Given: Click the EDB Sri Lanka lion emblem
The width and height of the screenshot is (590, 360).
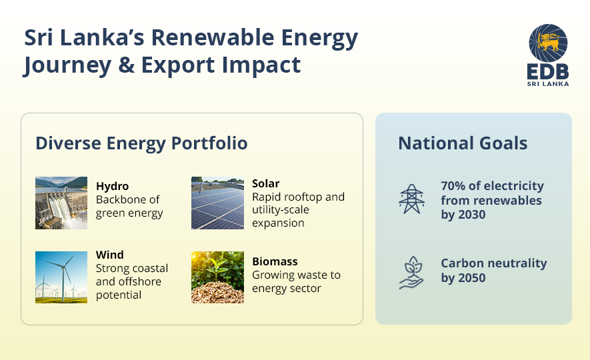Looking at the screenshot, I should pos(548,43).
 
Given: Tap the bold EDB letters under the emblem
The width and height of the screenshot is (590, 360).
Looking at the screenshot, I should pos(548,72).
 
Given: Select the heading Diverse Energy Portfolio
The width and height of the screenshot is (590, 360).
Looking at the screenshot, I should pos(141,143).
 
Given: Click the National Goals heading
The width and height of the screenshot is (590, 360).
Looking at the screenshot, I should pos(463,143).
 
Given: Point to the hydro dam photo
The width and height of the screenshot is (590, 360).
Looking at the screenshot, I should pos(61,203).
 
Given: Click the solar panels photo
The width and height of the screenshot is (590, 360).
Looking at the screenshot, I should pos(217,203).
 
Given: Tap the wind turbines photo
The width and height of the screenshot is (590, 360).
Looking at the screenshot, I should pos(61,277).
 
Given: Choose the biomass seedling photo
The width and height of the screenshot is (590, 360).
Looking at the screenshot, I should pos(217,277).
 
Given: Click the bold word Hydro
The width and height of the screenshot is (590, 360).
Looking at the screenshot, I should pos(112,186).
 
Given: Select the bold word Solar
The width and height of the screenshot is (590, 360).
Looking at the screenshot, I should pos(265,183).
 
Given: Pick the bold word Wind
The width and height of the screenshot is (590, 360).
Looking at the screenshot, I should pos(109,255).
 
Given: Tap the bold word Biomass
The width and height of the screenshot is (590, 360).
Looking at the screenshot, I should pos(275,261).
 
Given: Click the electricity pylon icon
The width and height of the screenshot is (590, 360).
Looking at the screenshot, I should pos(411,199).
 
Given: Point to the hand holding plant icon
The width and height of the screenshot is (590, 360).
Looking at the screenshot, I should pos(411,271).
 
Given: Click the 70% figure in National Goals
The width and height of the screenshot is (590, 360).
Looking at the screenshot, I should pos(454,186).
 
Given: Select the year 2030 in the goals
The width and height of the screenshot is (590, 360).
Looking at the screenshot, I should pos(473,215).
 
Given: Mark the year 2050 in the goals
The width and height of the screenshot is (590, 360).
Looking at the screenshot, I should pos(473,277).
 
